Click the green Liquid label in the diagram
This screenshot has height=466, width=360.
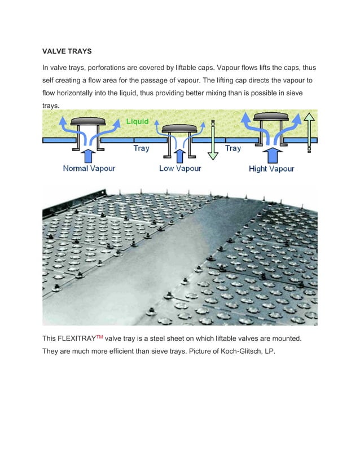click(x=137, y=121)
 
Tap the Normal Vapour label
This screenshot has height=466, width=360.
click(x=89, y=168)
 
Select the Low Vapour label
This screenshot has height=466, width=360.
click(x=180, y=168)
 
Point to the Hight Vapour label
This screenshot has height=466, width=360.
click(x=271, y=168)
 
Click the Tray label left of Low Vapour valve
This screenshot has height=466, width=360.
click(x=141, y=148)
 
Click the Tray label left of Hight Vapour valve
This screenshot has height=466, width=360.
click(x=232, y=148)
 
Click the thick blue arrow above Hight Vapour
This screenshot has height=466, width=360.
click(x=271, y=155)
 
